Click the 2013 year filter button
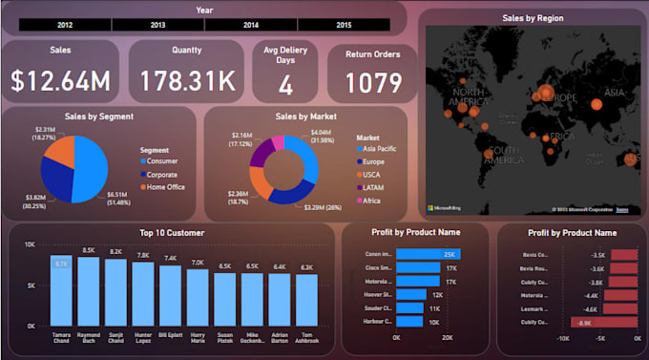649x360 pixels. pos(157,24)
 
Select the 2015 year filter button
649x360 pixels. pos(342,24)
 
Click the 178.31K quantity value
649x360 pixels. pos(187,81)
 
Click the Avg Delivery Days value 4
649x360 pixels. pos(285,85)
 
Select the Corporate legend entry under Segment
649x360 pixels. pos(161,175)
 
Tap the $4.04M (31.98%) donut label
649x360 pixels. pos(321,137)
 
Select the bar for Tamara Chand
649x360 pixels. pos(62,291)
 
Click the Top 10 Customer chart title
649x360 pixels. pos(172,232)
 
